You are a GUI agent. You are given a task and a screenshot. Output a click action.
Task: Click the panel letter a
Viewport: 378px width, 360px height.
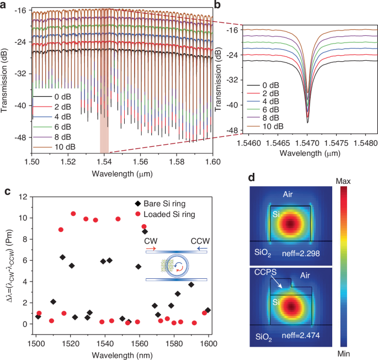coord(4,5)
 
